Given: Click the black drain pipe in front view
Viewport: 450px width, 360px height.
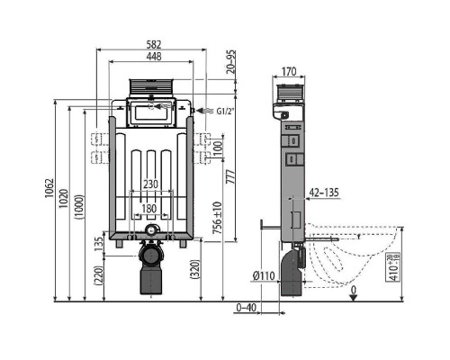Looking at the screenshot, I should [x=150, y=274].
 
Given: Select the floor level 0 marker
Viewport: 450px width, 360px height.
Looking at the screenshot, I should [x=354, y=290].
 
